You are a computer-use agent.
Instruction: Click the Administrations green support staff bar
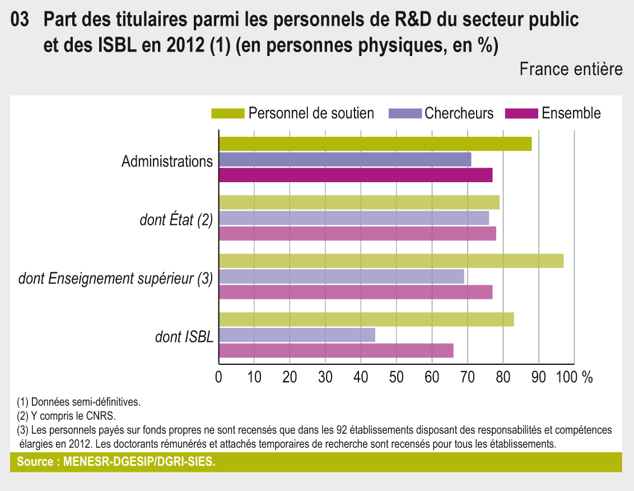point(375,143)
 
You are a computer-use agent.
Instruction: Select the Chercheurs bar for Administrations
point(345,159)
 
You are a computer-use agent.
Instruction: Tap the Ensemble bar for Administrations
point(356,175)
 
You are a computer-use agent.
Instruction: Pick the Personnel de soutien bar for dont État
point(359,202)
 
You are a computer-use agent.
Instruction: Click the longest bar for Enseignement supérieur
point(391,261)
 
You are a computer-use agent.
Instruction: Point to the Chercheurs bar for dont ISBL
point(297,335)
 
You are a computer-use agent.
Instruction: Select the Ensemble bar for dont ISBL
point(336,351)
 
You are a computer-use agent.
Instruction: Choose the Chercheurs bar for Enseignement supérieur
point(342,276)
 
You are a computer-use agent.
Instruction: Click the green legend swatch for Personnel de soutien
point(228,114)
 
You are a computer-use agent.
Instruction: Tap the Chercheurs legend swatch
point(404,114)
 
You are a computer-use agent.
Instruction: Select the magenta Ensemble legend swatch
point(521,114)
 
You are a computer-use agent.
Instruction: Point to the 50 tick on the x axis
point(397,377)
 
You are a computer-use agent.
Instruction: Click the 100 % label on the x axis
point(575,377)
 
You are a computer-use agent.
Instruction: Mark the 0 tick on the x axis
point(219,377)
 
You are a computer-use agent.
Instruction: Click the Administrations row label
point(167,161)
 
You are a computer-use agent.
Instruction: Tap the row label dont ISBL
point(184,336)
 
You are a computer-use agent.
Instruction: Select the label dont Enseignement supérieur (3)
point(115,278)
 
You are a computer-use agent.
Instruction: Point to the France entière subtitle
point(571,69)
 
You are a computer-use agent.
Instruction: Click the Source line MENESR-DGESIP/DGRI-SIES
point(116,462)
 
